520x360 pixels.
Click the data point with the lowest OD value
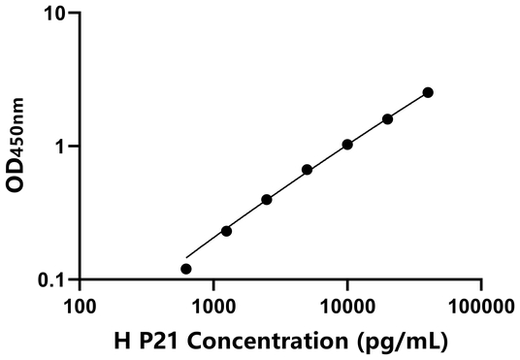click(186, 269)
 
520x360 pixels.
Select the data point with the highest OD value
click(428, 92)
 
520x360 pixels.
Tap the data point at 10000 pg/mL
click(347, 145)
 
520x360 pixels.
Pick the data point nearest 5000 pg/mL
click(308, 170)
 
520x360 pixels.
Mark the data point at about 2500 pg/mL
click(267, 200)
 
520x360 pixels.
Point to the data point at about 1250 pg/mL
click(226, 231)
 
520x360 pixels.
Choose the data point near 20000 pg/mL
click(388, 119)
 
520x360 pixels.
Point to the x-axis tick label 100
click(80, 307)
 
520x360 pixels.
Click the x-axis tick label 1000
click(213, 307)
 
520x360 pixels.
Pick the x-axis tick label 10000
click(347, 307)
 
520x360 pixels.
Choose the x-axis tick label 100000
click(481, 307)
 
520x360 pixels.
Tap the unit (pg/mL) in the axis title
click(402, 342)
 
